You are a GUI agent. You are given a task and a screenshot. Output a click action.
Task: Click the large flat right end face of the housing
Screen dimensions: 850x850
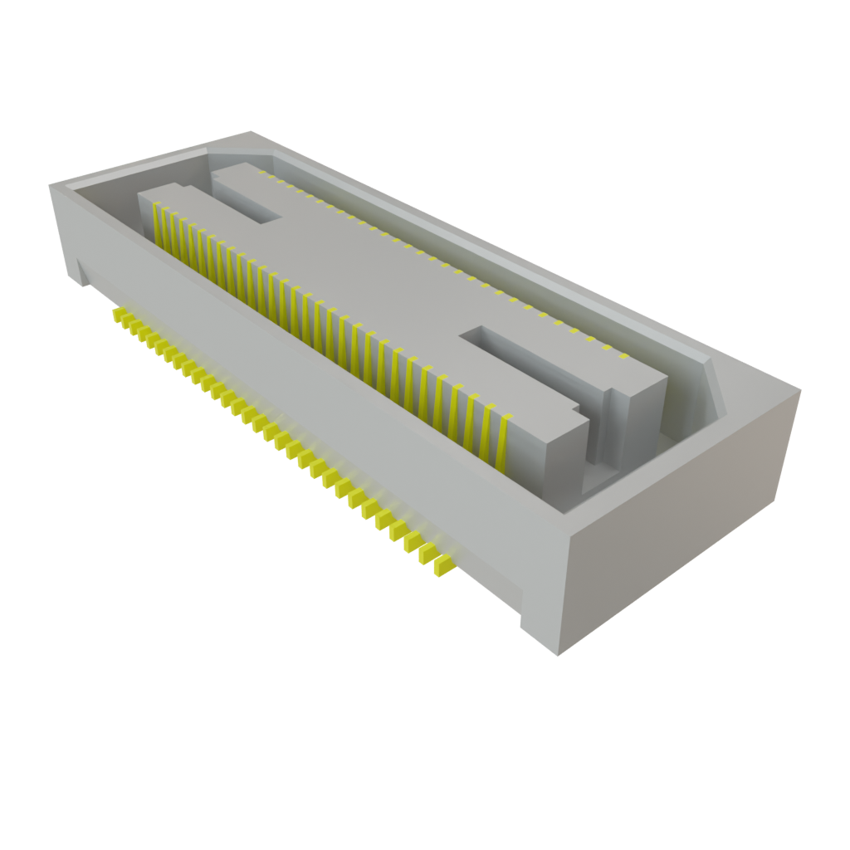681,531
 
